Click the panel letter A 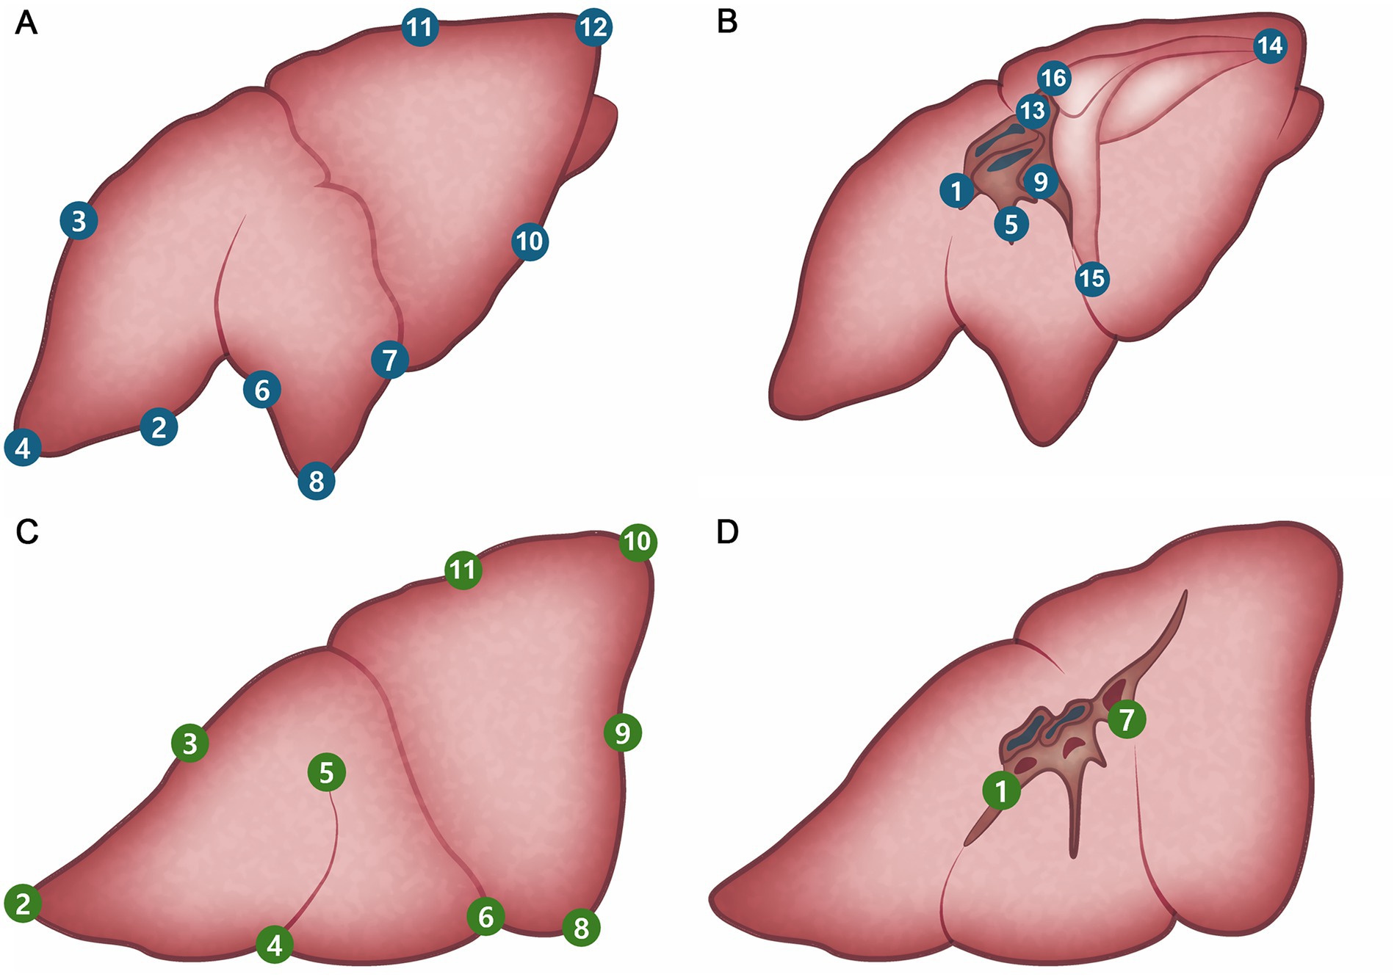coord(26,23)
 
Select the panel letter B coord(726,22)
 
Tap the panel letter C coord(27,532)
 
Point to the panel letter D coord(727,532)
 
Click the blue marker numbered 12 coord(593,28)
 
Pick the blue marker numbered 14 coord(1269,46)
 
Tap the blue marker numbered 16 coord(1054,78)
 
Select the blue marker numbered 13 coord(1033,111)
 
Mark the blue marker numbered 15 coord(1092,279)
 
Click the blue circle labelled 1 coord(956,192)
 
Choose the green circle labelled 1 coord(1001,791)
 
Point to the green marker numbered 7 coord(1127,720)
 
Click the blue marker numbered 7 coord(390,360)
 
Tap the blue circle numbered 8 coord(317,482)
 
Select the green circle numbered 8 coord(581,928)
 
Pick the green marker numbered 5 coord(327,772)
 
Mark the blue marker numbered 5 coord(1011,224)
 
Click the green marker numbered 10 coord(638,542)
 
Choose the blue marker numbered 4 coord(23,448)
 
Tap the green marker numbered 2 coord(23,904)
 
